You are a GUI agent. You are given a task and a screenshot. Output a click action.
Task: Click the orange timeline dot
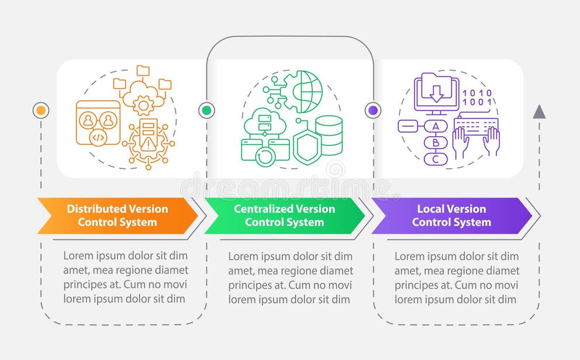[41, 110]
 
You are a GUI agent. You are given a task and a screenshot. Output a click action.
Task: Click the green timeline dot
[206, 110]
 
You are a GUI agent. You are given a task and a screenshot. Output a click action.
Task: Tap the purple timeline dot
[372, 110]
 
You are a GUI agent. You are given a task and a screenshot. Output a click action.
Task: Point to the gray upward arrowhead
[538, 112]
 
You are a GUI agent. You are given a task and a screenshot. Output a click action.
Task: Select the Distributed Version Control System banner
[117, 215]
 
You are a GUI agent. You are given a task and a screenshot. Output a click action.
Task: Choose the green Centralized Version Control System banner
[284, 215]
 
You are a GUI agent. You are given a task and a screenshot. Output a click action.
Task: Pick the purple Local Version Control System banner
[451, 215]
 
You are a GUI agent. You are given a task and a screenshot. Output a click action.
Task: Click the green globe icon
[309, 91]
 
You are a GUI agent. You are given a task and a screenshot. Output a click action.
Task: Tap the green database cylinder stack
[329, 136]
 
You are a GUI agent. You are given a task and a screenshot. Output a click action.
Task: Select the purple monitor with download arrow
[436, 92]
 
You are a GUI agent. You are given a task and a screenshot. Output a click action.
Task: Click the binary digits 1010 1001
[477, 98]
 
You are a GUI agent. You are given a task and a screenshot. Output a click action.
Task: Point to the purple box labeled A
[435, 126]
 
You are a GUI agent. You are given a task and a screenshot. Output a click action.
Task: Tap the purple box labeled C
[435, 158]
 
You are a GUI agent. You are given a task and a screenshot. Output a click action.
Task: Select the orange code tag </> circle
[98, 139]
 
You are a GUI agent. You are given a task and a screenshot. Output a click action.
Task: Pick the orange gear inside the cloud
[143, 105]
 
